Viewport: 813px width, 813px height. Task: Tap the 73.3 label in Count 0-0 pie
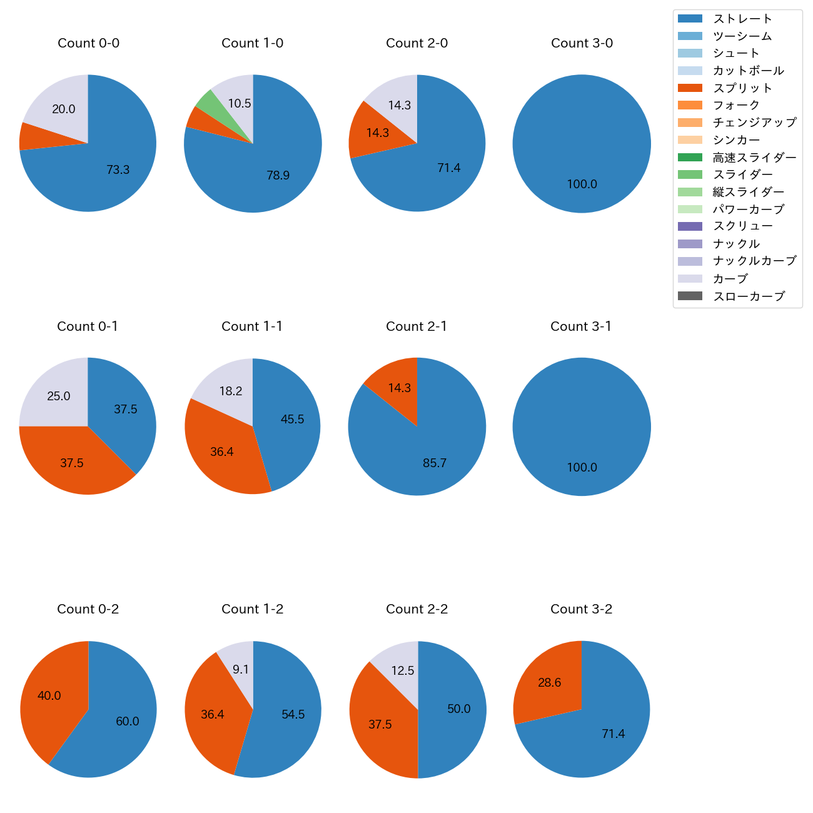pos(118,169)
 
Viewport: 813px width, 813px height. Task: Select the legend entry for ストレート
pos(742,19)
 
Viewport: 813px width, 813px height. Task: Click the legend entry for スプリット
pos(742,88)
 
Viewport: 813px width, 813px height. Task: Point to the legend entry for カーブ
pos(730,279)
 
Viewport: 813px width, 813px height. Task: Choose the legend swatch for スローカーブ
pos(690,296)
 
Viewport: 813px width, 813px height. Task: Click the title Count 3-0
pos(582,43)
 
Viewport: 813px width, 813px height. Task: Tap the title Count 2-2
pos(417,609)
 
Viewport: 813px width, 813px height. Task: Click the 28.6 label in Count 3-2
pos(549,682)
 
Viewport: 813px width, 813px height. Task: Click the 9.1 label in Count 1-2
pos(241,670)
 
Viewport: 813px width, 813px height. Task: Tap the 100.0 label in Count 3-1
pos(582,467)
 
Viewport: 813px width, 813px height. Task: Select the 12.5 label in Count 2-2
pos(402,670)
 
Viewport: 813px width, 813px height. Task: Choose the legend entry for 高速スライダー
pos(754,158)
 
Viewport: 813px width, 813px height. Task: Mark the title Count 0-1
pos(88,326)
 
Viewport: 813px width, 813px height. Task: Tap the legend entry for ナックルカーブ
pos(754,261)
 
